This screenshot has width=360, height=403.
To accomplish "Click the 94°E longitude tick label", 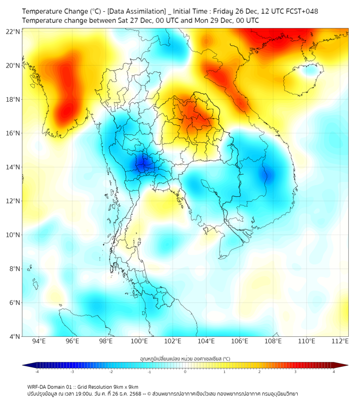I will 39,342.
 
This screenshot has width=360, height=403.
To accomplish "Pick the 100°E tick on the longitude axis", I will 140,342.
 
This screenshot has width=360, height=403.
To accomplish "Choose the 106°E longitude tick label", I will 240,342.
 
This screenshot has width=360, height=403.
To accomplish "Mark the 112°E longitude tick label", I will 340,342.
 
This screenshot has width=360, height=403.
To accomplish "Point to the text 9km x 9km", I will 126,386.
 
